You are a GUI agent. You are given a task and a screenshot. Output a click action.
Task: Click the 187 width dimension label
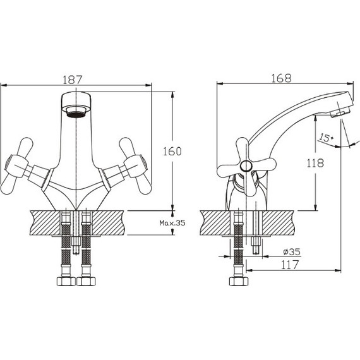point(73,80)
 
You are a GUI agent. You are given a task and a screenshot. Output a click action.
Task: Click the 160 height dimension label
point(172,151)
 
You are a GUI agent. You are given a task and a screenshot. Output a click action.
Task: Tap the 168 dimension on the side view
point(281,78)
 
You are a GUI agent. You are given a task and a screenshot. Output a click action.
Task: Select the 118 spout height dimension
point(315,163)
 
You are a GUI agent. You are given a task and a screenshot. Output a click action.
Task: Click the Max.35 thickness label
point(172,223)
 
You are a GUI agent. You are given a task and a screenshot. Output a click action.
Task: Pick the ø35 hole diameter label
point(292,251)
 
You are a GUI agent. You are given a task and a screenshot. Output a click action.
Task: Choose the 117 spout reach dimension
point(290,265)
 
